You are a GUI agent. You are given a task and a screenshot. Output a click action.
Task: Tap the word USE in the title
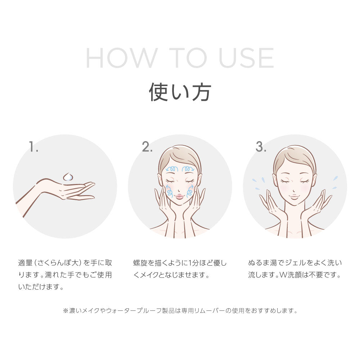point(246,58)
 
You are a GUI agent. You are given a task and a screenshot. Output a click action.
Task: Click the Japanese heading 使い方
point(180,92)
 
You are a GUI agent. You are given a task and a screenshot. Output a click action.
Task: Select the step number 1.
point(33,147)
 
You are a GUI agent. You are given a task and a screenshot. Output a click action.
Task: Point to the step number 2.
point(147,147)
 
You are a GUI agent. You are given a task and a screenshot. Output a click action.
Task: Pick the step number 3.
point(261,147)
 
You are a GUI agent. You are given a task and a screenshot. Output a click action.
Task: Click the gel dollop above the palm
point(68,177)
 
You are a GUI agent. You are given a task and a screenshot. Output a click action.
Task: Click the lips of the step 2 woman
point(180,197)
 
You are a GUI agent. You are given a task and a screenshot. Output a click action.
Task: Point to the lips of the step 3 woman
point(294,197)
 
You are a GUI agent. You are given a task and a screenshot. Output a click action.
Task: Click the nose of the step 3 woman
point(294,190)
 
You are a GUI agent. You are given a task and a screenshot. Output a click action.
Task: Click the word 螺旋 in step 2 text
point(140,263)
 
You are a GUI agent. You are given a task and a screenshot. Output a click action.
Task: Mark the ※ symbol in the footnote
point(66,311)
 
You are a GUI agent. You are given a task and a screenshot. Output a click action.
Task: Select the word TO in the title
point(188,58)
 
